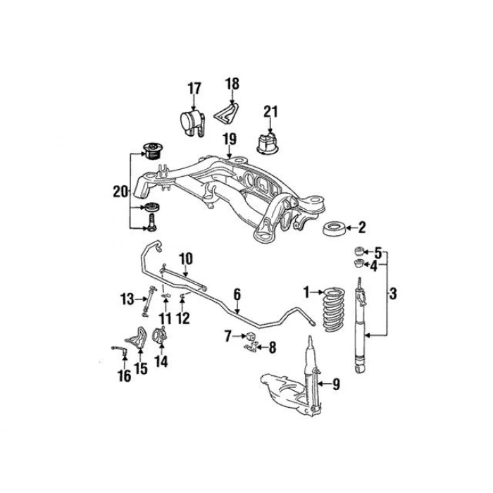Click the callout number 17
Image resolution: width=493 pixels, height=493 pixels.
click(x=194, y=89)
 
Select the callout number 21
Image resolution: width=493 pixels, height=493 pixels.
click(x=271, y=111)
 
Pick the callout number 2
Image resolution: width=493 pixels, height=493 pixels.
click(x=361, y=227)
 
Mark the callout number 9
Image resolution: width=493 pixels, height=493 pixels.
click(x=335, y=384)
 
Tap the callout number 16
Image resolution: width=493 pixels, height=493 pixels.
click(x=124, y=376)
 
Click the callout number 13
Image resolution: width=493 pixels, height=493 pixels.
click(x=126, y=299)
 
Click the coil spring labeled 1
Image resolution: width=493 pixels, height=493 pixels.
click(x=331, y=310)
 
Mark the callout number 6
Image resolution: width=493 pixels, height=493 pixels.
click(x=237, y=293)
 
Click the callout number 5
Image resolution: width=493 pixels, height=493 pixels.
click(x=377, y=252)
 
